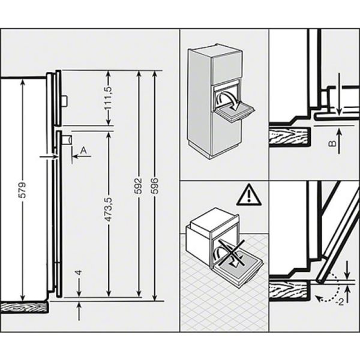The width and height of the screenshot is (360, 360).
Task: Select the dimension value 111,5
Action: pyautogui.click(x=109, y=99)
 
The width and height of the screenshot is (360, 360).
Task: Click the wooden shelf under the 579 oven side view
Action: pyautogui.click(x=24, y=307)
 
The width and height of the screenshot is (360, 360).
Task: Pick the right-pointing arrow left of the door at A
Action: pyautogui.click(x=48, y=155)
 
